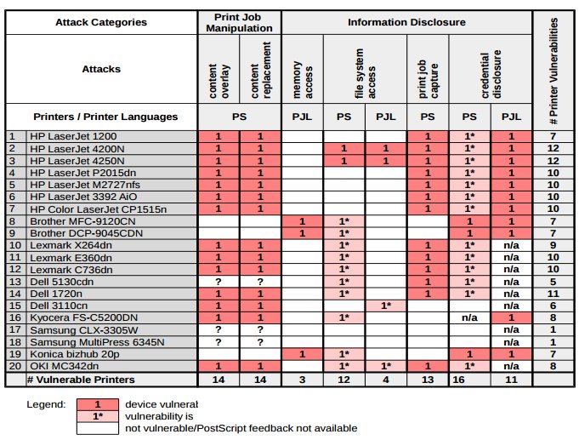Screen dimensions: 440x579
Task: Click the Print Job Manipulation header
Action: (x=239, y=22)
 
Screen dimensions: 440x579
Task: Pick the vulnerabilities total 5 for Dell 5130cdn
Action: (x=553, y=280)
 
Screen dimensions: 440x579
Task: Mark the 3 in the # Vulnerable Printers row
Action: (x=302, y=380)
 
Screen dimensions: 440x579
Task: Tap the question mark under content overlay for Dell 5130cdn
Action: (x=219, y=280)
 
